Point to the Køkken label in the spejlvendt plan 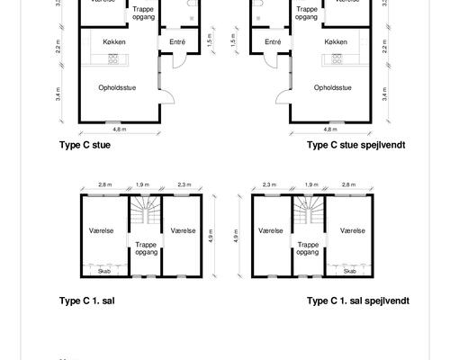point(335,42)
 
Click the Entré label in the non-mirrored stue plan point(177,42)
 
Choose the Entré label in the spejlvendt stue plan point(273,42)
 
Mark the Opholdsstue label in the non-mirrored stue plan point(117,87)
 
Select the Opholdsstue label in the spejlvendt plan point(332,87)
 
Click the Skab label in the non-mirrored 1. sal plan point(103,270)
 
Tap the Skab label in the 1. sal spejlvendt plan point(349,270)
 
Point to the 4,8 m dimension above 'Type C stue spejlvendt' point(330,129)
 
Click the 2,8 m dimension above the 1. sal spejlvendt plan point(346,184)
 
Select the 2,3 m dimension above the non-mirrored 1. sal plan point(184,184)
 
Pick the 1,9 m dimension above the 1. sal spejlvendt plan point(308,184)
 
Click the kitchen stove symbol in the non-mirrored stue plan point(114,58)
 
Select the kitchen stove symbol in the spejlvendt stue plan point(335,58)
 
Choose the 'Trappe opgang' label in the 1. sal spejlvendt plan point(308,248)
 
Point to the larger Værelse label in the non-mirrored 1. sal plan point(102,230)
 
